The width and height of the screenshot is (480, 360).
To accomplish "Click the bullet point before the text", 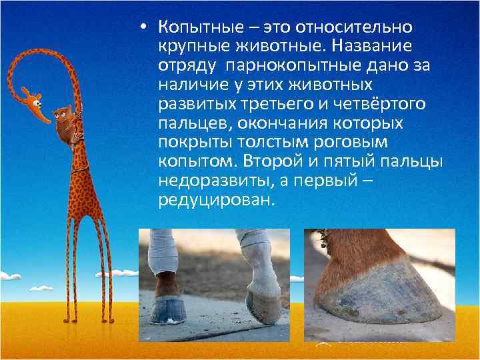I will (143, 28).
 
